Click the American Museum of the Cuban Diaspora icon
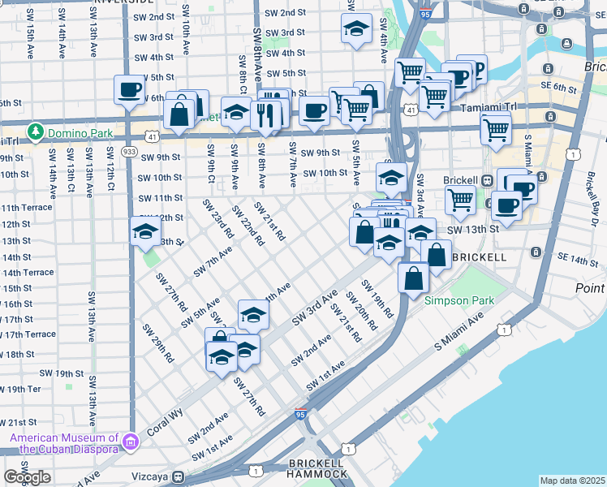(x=131, y=442)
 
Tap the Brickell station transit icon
(x=488, y=181)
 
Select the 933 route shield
(x=128, y=151)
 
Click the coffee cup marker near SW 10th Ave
(x=129, y=89)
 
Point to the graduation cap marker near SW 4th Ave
(x=355, y=30)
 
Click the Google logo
(x=27, y=477)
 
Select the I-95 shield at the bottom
(x=300, y=415)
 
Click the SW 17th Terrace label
(x=28, y=334)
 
